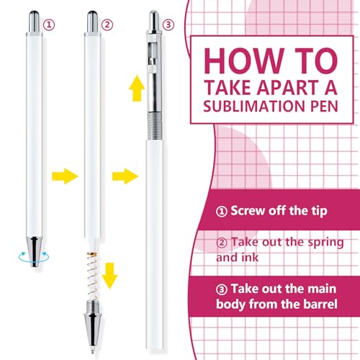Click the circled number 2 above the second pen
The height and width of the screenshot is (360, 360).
(x=107, y=23)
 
